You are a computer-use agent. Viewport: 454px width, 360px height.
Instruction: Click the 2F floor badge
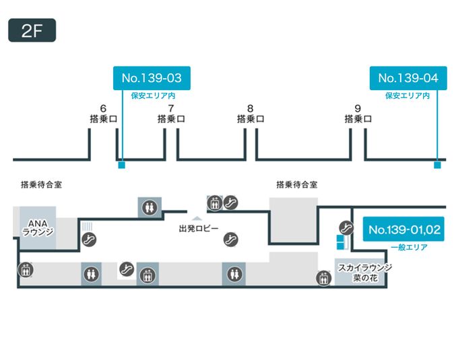[32, 31]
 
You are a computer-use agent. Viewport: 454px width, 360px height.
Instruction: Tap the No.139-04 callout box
[408, 78]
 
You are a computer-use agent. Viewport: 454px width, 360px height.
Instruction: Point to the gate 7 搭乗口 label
[171, 114]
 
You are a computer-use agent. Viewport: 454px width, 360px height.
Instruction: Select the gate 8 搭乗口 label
[251, 114]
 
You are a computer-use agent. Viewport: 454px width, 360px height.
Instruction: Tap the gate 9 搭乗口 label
[358, 114]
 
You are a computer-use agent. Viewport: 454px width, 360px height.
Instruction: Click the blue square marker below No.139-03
[121, 164]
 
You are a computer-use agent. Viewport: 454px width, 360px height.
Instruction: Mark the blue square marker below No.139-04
[436, 164]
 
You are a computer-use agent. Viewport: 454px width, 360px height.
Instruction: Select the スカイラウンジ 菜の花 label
[364, 272]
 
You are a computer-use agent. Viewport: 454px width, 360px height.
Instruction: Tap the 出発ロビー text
[198, 229]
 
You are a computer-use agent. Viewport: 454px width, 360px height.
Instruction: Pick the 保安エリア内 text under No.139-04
[408, 96]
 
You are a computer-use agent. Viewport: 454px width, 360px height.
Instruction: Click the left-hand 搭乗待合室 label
[42, 184]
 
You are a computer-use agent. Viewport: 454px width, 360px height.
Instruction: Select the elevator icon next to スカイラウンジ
[323, 277]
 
